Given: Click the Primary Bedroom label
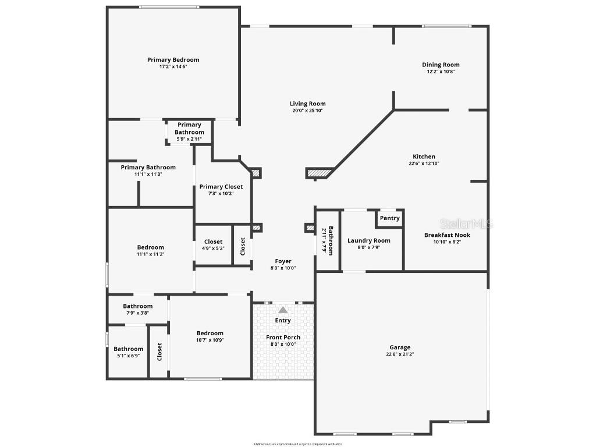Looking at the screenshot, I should pos(173,60).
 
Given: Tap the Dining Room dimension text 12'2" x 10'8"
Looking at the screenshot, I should pos(441,72).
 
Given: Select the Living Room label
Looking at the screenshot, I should pos(307,104).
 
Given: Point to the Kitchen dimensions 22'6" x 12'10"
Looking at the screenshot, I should pos(424,164).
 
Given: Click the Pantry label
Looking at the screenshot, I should pos(389,218).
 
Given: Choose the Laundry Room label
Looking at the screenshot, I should pos(368,240).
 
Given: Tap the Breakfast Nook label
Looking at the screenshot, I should pos(447,235).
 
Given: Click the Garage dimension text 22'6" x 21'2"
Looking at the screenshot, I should pos(400,354).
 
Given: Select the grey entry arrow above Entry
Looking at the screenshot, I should pos(283,310).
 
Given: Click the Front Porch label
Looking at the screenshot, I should pos(283,338).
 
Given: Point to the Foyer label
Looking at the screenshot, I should pos(283,261).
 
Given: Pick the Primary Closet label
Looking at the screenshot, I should pos(221,187).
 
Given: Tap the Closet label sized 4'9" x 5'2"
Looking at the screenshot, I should pos(213,242).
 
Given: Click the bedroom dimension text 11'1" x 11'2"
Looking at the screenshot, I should pos(150,254).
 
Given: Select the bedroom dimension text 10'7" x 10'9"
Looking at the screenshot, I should pos(210,340).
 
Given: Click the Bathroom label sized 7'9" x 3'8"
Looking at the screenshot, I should pos(137,306).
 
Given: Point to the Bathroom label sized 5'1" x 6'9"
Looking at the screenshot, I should pos(128,349).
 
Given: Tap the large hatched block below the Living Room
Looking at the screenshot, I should pos(318,173).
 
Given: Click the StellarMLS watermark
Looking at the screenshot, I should pos(466,223).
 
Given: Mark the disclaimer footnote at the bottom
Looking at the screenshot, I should pos(297,444).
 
